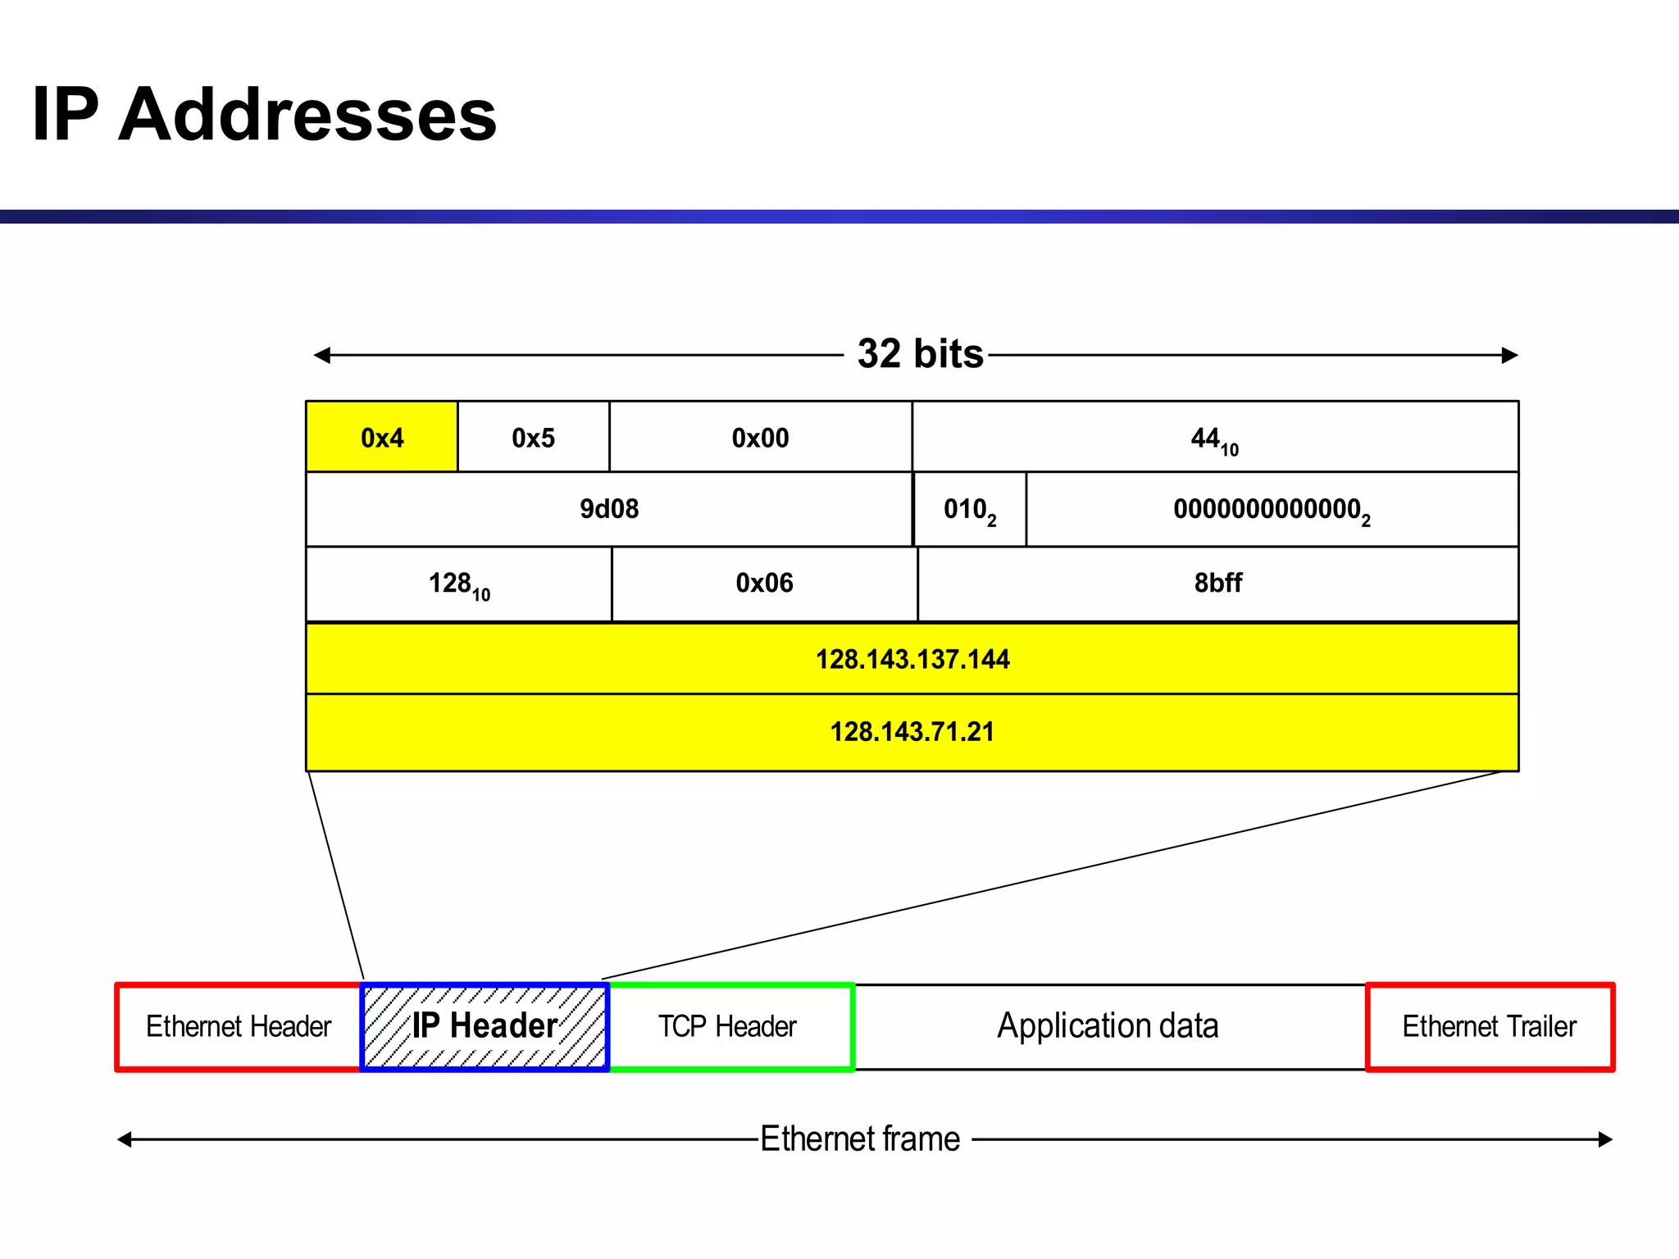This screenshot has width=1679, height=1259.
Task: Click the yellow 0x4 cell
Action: (x=381, y=437)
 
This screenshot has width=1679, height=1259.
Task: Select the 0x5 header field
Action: (x=533, y=437)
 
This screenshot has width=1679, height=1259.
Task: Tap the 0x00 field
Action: (x=760, y=437)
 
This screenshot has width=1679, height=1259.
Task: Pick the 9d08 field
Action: (x=608, y=509)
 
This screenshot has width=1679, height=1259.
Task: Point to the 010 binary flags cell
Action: (x=969, y=510)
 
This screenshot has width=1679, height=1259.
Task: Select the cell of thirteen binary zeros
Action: (x=1271, y=510)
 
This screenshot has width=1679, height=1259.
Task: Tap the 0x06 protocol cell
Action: (x=764, y=583)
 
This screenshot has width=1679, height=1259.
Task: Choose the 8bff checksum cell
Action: (x=1217, y=583)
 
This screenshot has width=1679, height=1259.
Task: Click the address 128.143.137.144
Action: (x=912, y=659)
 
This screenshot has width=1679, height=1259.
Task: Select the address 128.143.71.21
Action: (x=912, y=731)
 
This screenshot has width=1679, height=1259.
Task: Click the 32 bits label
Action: (x=920, y=354)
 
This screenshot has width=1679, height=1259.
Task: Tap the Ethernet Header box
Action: (x=239, y=1026)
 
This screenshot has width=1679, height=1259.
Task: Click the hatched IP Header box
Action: (x=485, y=1026)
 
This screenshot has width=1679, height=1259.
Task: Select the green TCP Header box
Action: (x=728, y=1026)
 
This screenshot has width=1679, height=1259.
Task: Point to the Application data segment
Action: (x=1108, y=1026)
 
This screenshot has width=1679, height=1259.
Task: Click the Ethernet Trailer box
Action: (x=1489, y=1026)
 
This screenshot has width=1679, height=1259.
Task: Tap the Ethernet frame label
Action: (x=860, y=1139)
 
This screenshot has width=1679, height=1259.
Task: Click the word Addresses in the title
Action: (x=307, y=114)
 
